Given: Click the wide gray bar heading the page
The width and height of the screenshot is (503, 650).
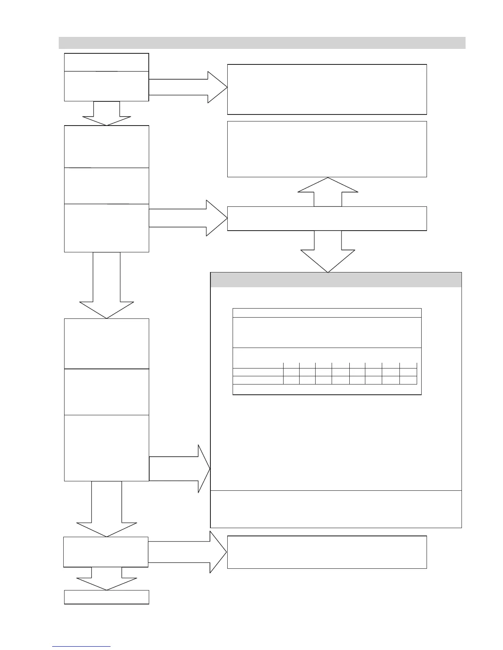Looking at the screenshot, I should point(262,43).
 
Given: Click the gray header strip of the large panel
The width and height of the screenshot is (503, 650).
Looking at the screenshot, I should point(336,280).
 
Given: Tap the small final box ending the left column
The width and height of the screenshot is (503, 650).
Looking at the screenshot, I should point(106,597).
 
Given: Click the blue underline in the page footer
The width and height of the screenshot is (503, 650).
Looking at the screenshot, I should point(81,646).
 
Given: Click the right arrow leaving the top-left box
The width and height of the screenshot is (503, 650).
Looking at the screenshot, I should point(188,87).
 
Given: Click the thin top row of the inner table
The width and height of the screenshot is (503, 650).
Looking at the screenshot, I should point(327,313).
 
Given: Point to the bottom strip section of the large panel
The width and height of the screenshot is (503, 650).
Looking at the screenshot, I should point(336,509).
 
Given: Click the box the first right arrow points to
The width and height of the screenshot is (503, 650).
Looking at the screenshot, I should point(327,89).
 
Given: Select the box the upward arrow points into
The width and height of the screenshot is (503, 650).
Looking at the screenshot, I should point(327,149).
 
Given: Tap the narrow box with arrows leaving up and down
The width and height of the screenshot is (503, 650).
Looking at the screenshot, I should point(327,219).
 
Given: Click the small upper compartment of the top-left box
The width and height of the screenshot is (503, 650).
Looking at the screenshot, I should point(106,62).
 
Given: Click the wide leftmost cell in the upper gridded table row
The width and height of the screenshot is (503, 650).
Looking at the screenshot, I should point(258,372).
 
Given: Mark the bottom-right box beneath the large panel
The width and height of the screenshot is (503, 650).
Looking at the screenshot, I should point(327,552).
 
